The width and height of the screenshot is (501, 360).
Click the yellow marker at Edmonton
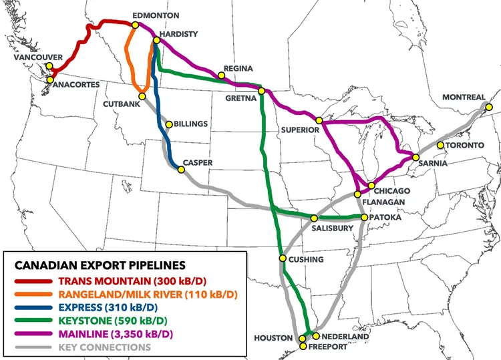[135, 25]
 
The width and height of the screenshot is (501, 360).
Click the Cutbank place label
[120, 104]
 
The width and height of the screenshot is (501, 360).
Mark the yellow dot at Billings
[168, 124]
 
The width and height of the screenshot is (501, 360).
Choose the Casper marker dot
[181, 170]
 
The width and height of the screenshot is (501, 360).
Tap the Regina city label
[239, 69]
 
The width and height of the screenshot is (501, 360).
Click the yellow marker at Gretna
[261, 91]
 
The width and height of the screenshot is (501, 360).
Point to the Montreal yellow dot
[488, 107]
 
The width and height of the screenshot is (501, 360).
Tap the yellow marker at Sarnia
[415, 158]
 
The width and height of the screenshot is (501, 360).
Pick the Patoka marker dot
[364, 218]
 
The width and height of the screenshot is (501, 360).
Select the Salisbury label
[332, 228]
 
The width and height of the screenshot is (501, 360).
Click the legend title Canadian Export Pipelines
[100, 266]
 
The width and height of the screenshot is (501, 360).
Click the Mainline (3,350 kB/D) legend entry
[116, 334]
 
